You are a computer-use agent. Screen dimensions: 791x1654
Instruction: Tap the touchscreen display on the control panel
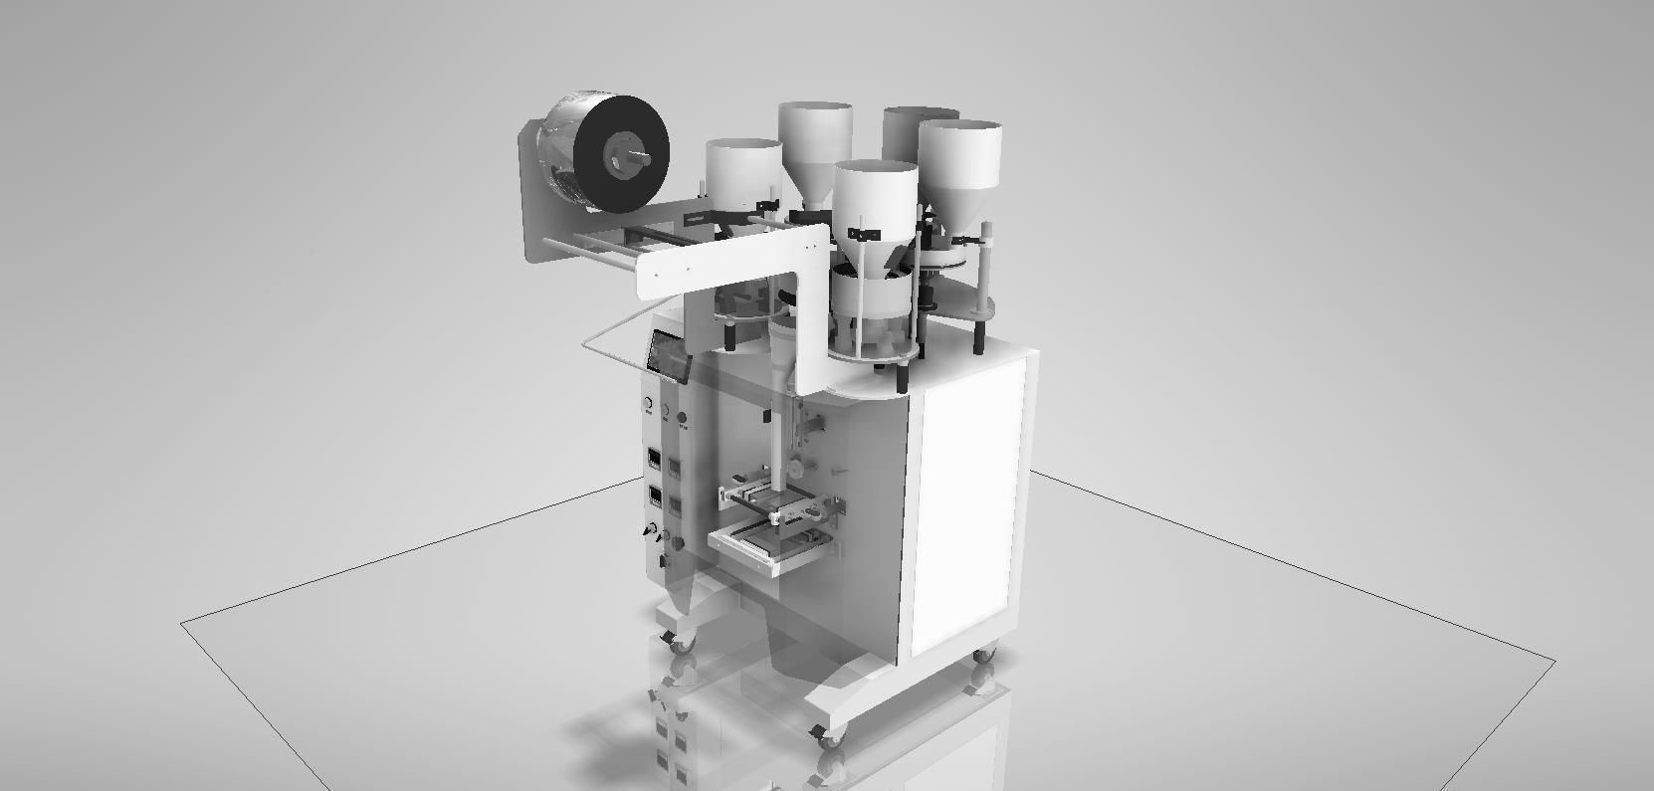[668, 355]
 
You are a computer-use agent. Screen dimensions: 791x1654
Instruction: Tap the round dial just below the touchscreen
[648, 405]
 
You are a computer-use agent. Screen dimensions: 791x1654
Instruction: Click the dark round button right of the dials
[682, 418]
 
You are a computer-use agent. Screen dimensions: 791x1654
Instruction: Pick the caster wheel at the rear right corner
[983, 657]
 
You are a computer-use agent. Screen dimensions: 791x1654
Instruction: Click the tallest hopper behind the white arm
[815, 144]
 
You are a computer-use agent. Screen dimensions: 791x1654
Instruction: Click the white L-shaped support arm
[736, 261]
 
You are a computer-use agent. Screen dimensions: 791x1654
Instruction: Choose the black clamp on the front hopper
[864, 235]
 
